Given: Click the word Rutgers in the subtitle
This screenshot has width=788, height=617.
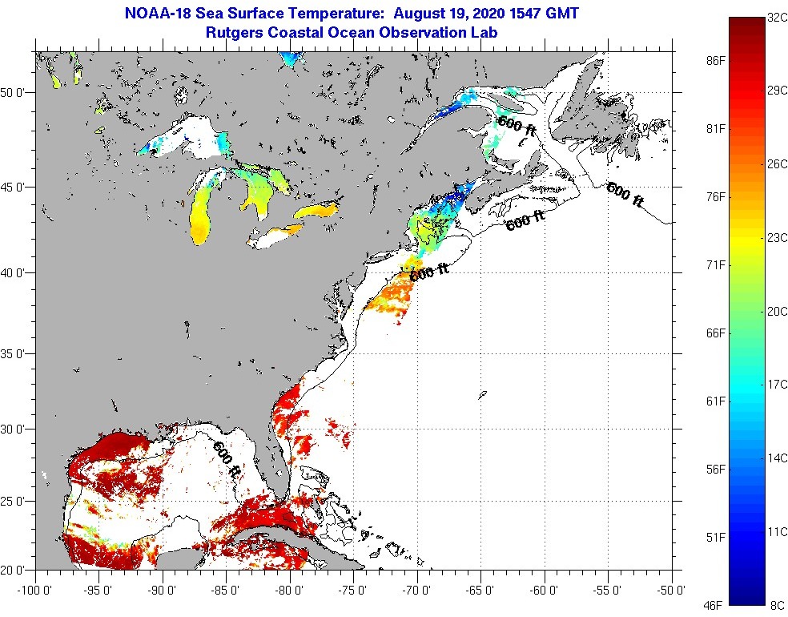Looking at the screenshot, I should point(236,33).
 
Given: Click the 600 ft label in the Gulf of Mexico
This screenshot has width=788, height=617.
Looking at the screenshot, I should point(226,460).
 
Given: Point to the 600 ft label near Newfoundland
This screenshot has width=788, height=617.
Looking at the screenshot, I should point(625,195).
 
